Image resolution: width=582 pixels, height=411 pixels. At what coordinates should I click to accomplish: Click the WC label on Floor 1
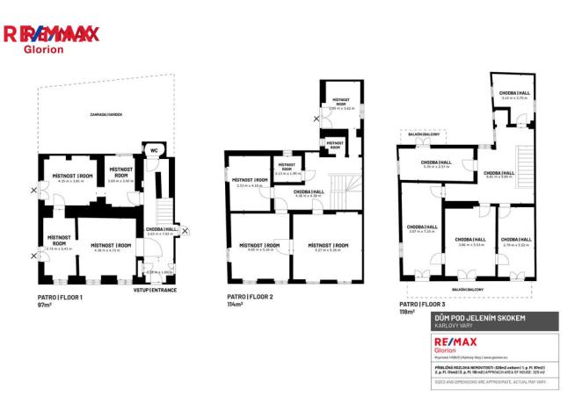click(153, 148)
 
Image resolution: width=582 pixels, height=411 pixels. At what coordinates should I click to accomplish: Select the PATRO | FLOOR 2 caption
click(251, 298)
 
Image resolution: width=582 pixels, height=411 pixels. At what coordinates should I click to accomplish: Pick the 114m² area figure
click(236, 305)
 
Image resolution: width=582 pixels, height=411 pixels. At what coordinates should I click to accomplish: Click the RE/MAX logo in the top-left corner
click(51, 36)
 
